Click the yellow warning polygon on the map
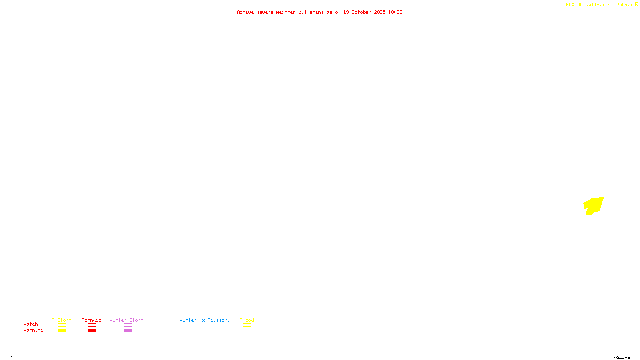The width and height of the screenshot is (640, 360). (x=594, y=205)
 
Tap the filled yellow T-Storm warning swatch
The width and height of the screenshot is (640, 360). (x=62, y=331)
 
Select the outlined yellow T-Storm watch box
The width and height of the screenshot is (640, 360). (x=62, y=325)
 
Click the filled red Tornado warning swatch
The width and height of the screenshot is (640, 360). (x=92, y=331)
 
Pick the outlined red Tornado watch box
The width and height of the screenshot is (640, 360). (x=92, y=325)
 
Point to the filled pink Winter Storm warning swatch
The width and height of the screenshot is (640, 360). (x=128, y=331)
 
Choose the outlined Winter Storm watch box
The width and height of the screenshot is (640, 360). (x=128, y=325)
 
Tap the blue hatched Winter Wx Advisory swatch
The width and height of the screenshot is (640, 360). (x=204, y=331)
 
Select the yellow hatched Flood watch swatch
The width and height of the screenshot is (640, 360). (x=247, y=325)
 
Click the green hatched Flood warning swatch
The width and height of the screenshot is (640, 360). (x=247, y=331)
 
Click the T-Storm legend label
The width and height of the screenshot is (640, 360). (x=62, y=320)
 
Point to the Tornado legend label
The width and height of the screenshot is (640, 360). (x=92, y=320)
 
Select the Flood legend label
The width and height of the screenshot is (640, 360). (x=247, y=320)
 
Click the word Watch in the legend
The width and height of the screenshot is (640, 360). (x=31, y=324)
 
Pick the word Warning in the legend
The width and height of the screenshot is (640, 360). (x=33, y=330)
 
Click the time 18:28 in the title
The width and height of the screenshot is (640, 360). (x=395, y=12)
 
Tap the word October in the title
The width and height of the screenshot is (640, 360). (x=361, y=12)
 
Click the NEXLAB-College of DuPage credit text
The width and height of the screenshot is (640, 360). (x=600, y=4)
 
